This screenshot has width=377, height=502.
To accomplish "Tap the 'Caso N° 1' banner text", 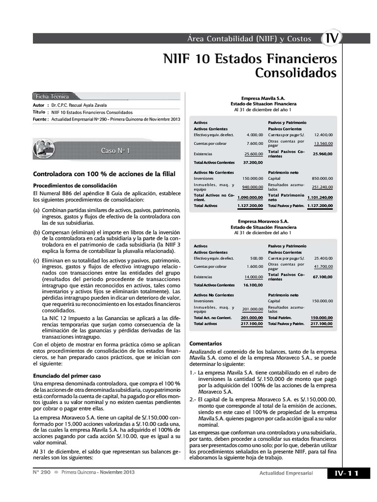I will point(115,151).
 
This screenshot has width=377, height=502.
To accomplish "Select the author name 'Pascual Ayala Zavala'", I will point(83,105).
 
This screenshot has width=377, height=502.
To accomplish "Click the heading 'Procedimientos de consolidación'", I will point(75,185).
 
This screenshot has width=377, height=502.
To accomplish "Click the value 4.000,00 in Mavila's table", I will point(255,134).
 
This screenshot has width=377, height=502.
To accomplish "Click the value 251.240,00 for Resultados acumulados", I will point(322,187).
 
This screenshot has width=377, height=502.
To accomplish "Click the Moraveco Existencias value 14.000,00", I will point(253,277).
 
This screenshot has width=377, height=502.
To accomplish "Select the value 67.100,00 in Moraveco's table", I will point(323,276).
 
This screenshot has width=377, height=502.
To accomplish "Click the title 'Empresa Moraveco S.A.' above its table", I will point(263,221).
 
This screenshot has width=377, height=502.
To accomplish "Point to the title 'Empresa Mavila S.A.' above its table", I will point(263,98).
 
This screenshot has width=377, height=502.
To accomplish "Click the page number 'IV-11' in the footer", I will point(347,473).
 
